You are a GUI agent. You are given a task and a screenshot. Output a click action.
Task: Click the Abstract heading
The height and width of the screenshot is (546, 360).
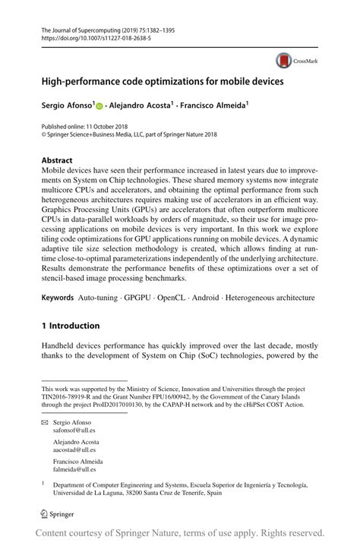click(57, 161)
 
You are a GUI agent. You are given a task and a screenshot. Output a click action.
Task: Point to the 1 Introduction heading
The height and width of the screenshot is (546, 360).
click(70, 326)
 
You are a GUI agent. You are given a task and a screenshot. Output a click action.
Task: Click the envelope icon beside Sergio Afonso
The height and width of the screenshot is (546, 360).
click(45, 420)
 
